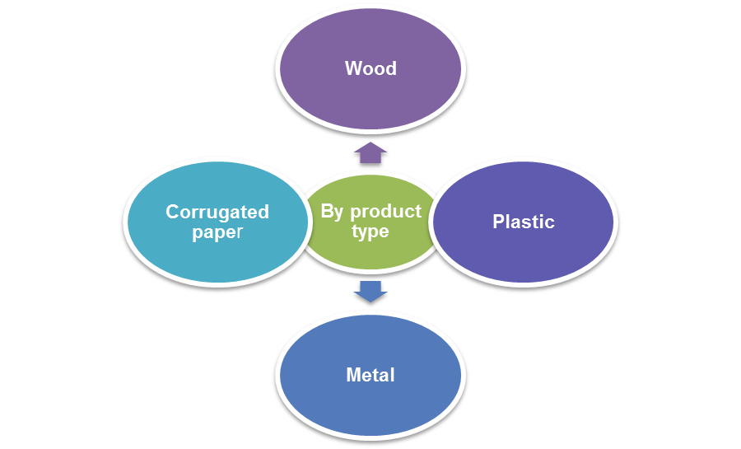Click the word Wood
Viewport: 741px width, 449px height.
(x=370, y=68)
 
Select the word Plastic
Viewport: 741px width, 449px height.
(x=524, y=222)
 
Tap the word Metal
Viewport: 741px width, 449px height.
(x=370, y=376)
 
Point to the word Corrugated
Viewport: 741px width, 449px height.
(x=217, y=212)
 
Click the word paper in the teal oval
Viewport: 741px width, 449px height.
(x=217, y=232)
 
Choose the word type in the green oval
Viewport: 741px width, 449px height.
(x=370, y=232)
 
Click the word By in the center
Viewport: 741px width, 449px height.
(x=332, y=212)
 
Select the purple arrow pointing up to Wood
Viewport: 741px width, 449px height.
(x=370, y=152)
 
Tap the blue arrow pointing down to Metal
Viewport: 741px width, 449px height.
(x=370, y=291)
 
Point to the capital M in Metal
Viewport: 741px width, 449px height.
(x=353, y=376)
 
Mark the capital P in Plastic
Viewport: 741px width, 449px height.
(x=498, y=222)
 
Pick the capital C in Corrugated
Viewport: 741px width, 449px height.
(x=172, y=212)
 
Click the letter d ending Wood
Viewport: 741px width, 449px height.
(x=391, y=68)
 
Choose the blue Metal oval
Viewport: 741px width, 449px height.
(x=370, y=412)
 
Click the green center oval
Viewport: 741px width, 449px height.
(x=370, y=255)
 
